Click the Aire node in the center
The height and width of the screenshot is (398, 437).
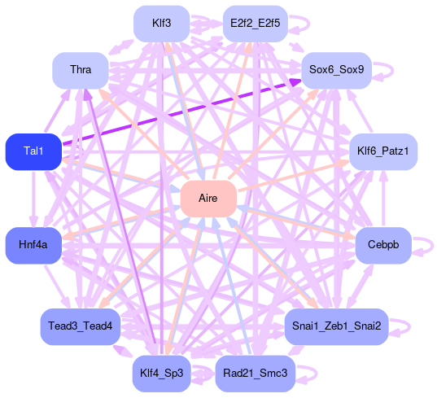(208, 199)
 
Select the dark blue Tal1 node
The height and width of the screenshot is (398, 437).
(33, 151)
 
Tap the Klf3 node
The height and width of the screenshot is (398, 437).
(162, 24)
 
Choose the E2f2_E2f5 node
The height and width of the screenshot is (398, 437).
(256, 24)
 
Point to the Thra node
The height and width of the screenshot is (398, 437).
(81, 71)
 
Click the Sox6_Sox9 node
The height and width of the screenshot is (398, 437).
(336, 71)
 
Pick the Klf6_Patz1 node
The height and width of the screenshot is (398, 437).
(383, 151)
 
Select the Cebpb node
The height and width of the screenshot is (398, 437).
(383, 245)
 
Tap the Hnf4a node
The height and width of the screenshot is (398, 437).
(33, 245)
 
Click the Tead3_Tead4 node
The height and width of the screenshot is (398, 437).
(81, 326)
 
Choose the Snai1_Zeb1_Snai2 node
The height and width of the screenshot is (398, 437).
(336, 326)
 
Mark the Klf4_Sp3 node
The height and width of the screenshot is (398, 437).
(162, 374)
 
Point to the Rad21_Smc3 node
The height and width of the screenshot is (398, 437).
(256, 374)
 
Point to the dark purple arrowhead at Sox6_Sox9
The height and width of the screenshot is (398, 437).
(295, 82)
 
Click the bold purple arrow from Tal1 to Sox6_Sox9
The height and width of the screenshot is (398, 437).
(181, 112)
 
